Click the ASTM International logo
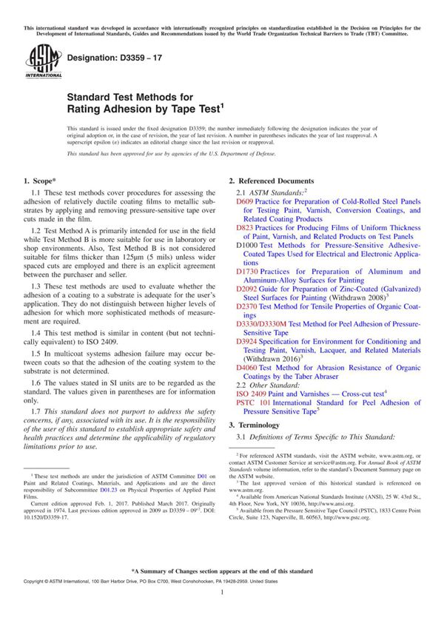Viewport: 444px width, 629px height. point(38,61)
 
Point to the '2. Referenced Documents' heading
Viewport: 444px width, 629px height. point(271,181)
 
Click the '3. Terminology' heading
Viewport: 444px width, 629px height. point(254,425)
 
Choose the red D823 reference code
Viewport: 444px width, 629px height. point(245,228)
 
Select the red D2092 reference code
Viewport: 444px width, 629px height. point(248,290)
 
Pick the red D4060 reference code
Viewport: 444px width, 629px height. point(248,368)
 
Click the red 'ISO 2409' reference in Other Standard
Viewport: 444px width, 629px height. point(253,394)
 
